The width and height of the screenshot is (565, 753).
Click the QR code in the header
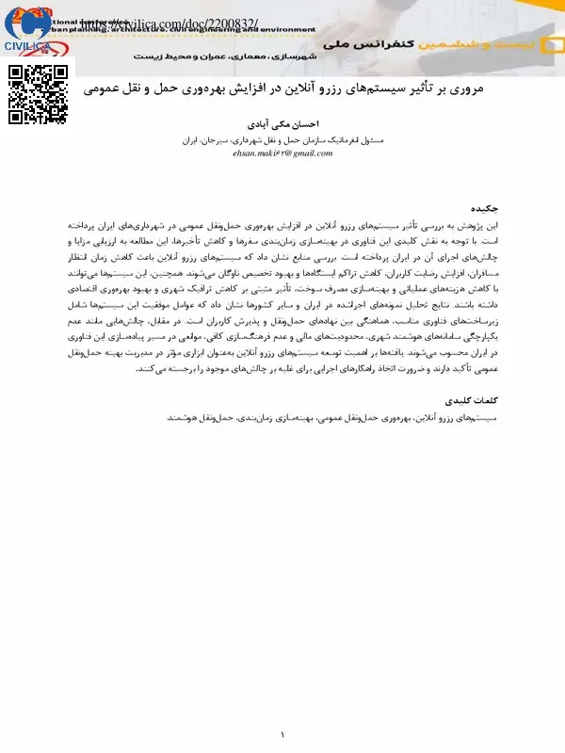pos(39,93)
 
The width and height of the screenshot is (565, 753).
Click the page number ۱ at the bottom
pos(282,733)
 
